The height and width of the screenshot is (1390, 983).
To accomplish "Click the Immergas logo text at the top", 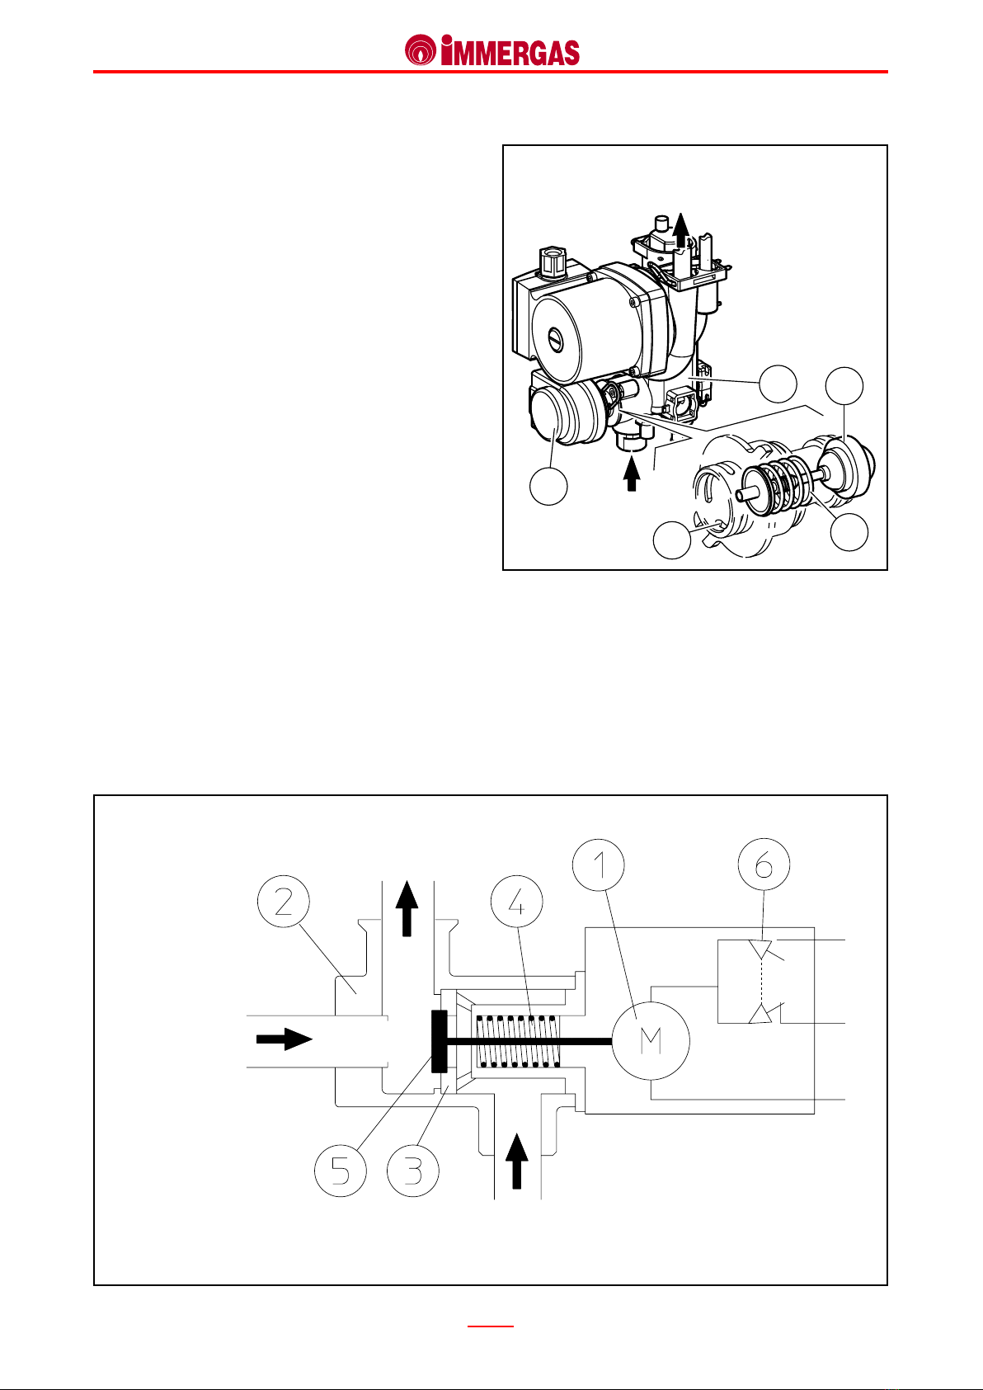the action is [510, 51].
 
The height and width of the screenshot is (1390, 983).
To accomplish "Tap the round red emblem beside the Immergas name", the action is [420, 50].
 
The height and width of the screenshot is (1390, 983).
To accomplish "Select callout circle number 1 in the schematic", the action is [599, 865].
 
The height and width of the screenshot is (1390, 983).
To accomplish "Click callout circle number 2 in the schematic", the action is [284, 901].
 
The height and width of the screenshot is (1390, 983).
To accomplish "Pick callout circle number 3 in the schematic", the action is [413, 1171].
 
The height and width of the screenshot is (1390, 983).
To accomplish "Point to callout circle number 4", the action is [516, 901].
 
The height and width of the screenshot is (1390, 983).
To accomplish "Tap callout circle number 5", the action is [341, 1171].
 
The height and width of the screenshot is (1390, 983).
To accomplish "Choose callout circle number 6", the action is [764, 865].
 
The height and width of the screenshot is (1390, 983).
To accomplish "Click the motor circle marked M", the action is [651, 1040].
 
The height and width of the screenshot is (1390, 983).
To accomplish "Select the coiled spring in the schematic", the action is [517, 1040].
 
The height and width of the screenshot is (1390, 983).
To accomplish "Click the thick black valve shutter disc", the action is [439, 1041].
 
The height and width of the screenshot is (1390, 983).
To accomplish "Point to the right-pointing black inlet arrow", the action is [284, 1039].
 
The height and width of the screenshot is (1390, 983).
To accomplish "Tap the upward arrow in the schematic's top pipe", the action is [407, 908].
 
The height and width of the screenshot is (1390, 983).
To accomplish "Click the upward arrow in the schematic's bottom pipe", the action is [516, 1161].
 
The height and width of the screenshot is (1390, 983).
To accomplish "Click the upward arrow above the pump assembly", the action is [682, 230].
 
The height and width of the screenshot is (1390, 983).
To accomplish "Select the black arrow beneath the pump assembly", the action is [632, 474].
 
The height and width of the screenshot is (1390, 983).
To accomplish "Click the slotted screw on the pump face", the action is [555, 339].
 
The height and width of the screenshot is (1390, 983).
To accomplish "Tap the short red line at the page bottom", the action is [491, 1326].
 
